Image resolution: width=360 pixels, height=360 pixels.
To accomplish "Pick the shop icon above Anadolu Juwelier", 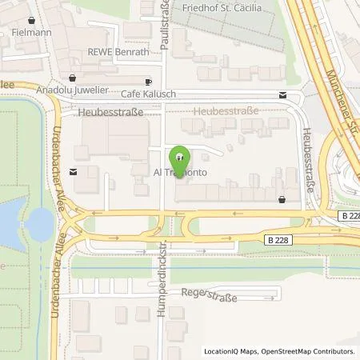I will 73,78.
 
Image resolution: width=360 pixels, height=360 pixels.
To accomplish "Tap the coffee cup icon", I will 149,82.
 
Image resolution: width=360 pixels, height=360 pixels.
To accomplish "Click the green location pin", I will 180,157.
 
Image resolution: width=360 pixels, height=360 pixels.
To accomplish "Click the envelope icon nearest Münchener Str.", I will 283,95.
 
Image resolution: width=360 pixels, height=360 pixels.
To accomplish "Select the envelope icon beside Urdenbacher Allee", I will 74,171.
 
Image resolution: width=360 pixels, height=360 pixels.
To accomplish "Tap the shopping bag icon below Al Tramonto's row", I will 282,199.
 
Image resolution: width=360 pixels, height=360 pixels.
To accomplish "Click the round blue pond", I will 38,225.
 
